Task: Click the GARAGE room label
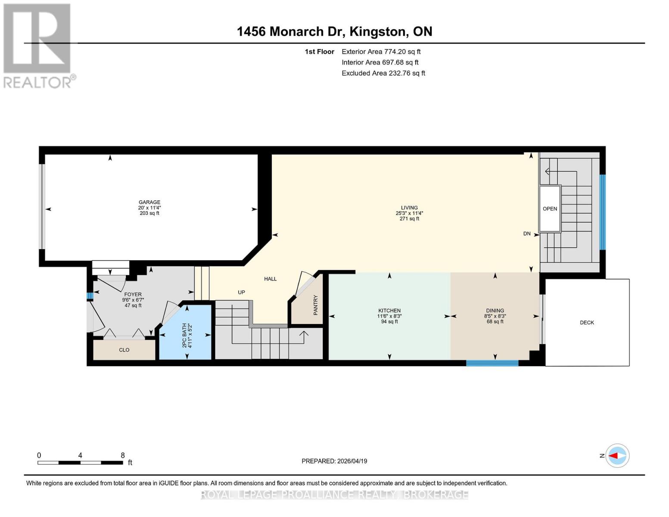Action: point(149,202)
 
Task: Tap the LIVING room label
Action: point(409,208)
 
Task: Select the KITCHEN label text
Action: point(389,311)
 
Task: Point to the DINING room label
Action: point(495,311)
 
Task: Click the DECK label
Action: point(587,322)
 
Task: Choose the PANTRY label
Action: point(315,305)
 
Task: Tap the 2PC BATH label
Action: point(184,336)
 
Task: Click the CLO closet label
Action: point(124,350)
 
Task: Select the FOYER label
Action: point(133,295)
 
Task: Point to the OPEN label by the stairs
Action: point(550,209)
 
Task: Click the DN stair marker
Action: point(526,234)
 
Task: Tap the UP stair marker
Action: point(241,292)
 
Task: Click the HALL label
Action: point(270,279)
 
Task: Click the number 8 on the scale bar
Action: point(122,455)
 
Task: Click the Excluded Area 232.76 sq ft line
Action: point(383,73)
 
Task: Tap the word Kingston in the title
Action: point(378,31)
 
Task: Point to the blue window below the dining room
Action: point(492,363)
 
